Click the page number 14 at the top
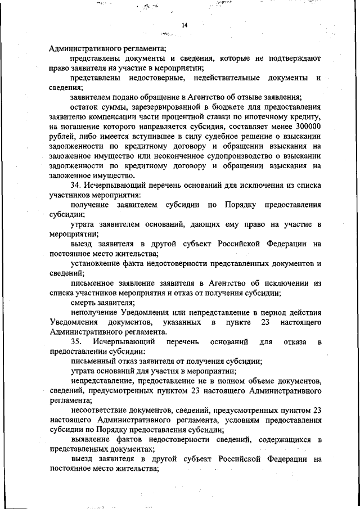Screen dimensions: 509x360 click(x=184, y=25)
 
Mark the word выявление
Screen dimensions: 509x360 click(x=91, y=440)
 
